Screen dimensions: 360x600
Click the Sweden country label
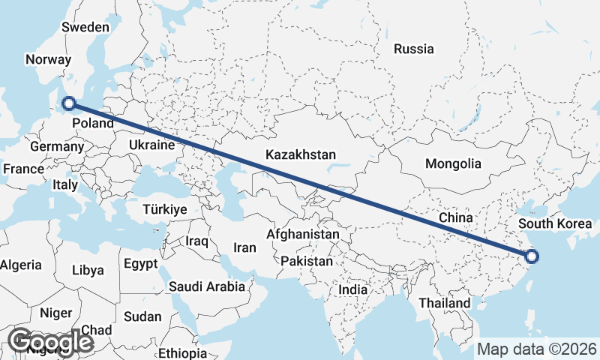pyautogui.click(x=85, y=27)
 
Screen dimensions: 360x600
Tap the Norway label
pyautogui.click(x=48, y=60)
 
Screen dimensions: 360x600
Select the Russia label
pyautogui.click(x=413, y=49)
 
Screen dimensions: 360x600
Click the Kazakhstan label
pyautogui.click(x=300, y=154)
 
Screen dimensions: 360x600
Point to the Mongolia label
pyautogui.click(x=452, y=163)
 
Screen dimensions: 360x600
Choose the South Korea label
pyautogui.click(x=556, y=223)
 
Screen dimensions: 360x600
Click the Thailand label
pyautogui.click(x=445, y=303)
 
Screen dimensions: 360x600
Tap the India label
pyautogui.click(x=352, y=289)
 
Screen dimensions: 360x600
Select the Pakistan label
pyautogui.click(x=306, y=262)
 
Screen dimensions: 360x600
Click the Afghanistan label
pyautogui.click(x=303, y=235)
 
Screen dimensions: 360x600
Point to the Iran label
pyautogui.click(x=245, y=247)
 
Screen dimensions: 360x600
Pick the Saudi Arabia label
pyautogui.click(x=207, y=286)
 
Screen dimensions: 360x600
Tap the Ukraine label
pyautogui.click(x=151, y=145)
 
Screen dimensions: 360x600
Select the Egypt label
pyautogui.click(x=140, y=264)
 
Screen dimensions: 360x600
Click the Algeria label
pyautogui.click(x=21, y=265)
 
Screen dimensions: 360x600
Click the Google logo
pyautogui.click(x=50, y=342)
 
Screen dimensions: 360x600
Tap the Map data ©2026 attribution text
pyautogui.click(x=537, y=349)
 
